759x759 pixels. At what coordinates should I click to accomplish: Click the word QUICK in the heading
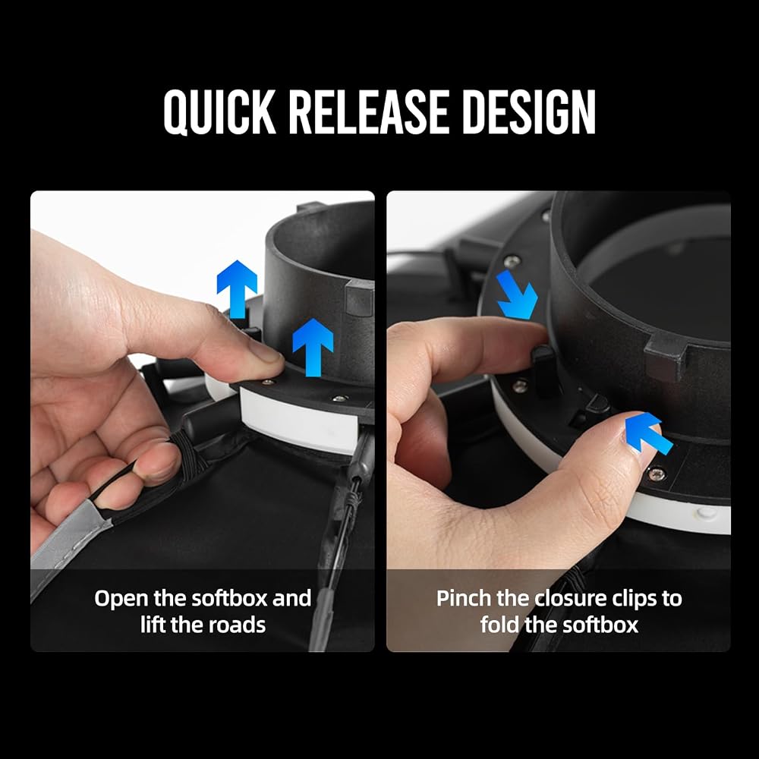pyautogui.click(x=220, y=112)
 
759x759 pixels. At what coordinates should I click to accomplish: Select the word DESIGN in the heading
pyautogui.click(x=529, y=112)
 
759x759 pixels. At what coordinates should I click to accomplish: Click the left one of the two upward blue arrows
pyautogui.click(x=237, y=289)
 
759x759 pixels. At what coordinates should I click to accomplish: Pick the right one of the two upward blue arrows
pyautogui.click(x=313, y=347)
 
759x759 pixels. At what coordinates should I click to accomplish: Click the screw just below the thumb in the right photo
pyautogui.click(x=656, y=474)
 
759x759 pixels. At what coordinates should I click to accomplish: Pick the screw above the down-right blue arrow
pyautogui.click(x=511, y=262)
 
